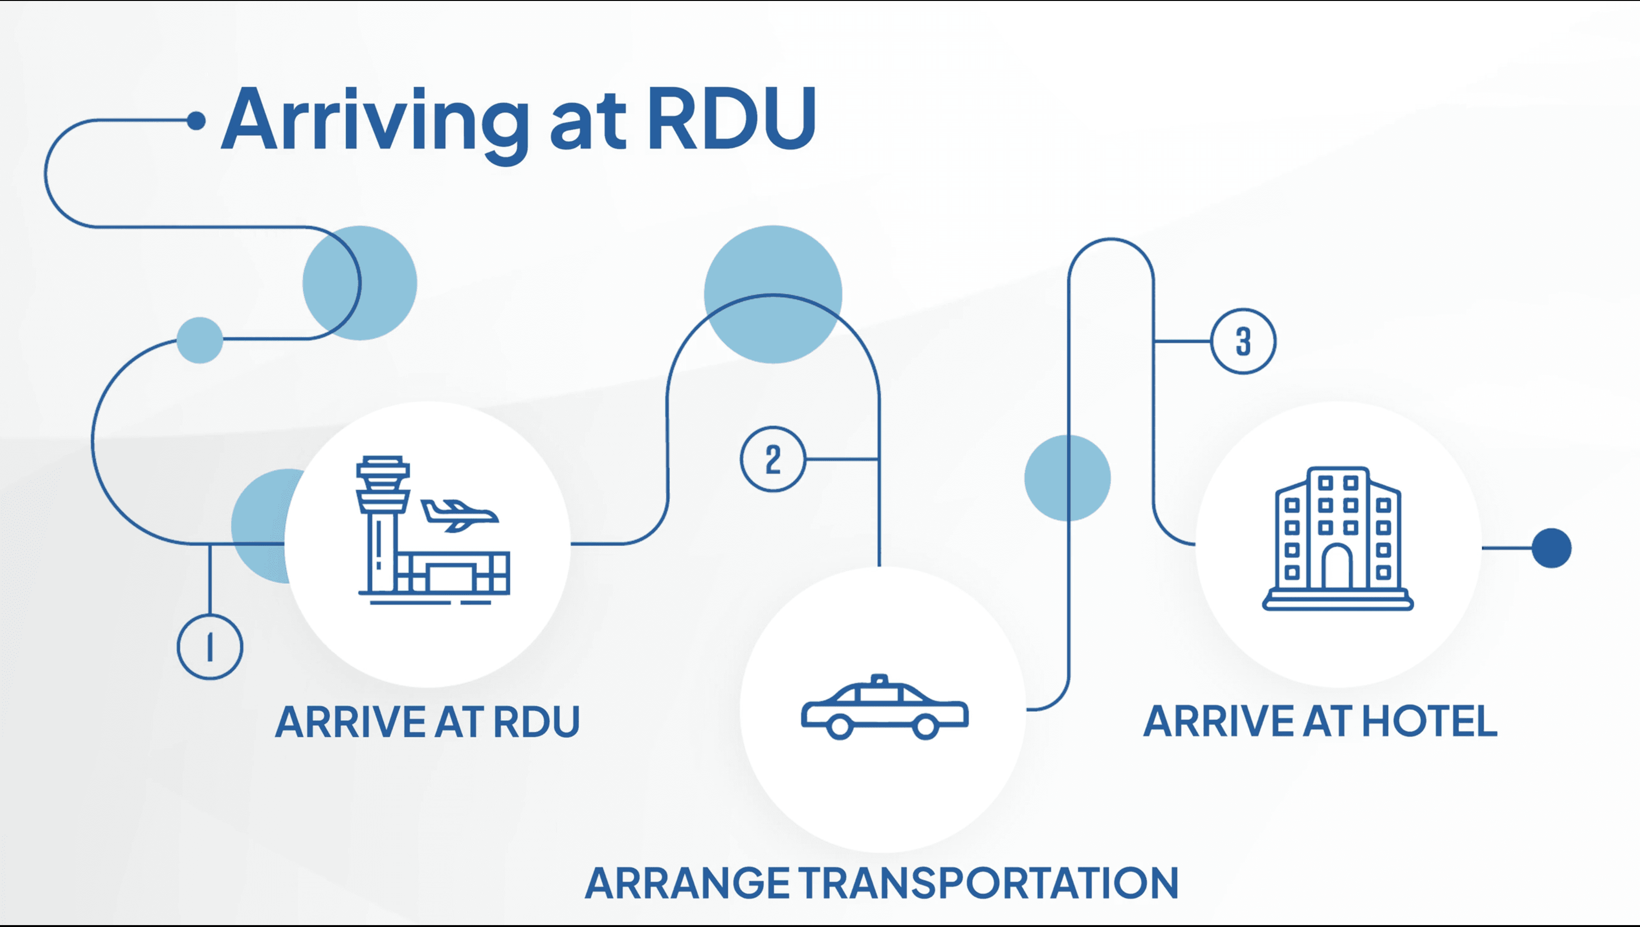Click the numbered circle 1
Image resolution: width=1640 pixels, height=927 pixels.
(x=210, y=647)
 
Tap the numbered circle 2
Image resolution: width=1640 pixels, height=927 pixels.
(x=773, y=459)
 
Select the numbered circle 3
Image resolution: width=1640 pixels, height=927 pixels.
(x=1243, y=341)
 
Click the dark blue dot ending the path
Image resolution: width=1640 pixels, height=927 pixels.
(x=1552, y=548)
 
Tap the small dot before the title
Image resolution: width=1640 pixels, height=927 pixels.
(x=196, y=120)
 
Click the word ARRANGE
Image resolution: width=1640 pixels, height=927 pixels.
(x=687, y=883)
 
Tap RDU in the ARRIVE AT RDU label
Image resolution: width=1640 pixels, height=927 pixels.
(x=536, y=722)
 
